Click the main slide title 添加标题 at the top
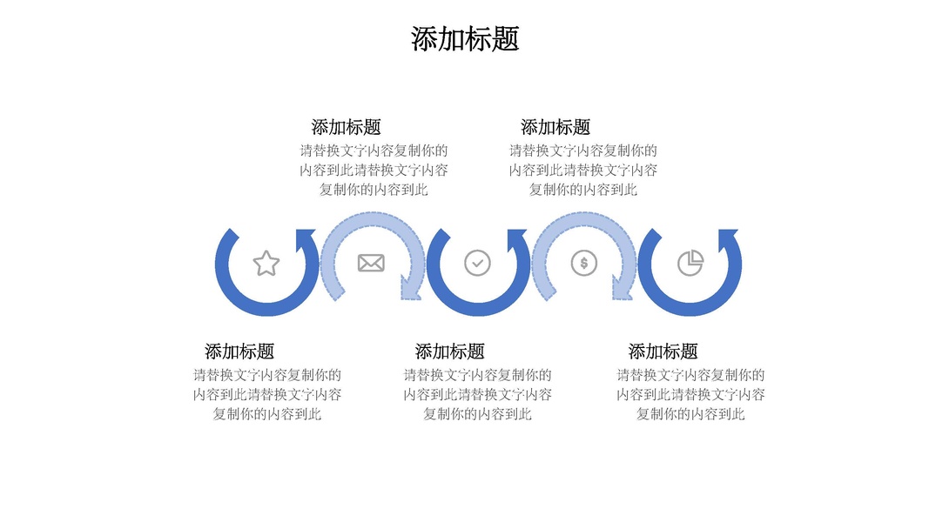(465, 39)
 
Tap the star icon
(266, 263)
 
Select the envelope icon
(371, 263)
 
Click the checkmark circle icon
(477, 263)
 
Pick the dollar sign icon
(584, 263)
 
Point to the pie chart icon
(690, 263)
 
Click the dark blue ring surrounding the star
(266, 308)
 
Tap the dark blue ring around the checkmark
(477, 308)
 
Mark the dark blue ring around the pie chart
(690, 308)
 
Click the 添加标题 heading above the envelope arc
(346, 127)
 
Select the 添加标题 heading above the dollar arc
(555, 127)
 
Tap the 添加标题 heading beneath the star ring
(239, 351)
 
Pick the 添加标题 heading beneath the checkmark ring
(450, 351)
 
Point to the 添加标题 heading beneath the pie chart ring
(663, 351)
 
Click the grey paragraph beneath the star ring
(267, 394)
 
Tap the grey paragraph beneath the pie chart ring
(691, 394)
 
